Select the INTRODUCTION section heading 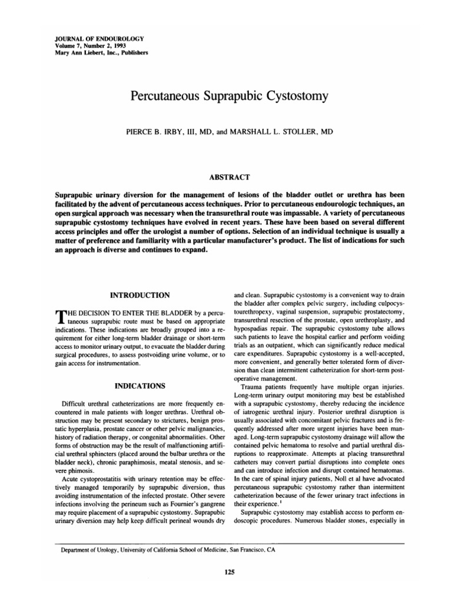[137, 294]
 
